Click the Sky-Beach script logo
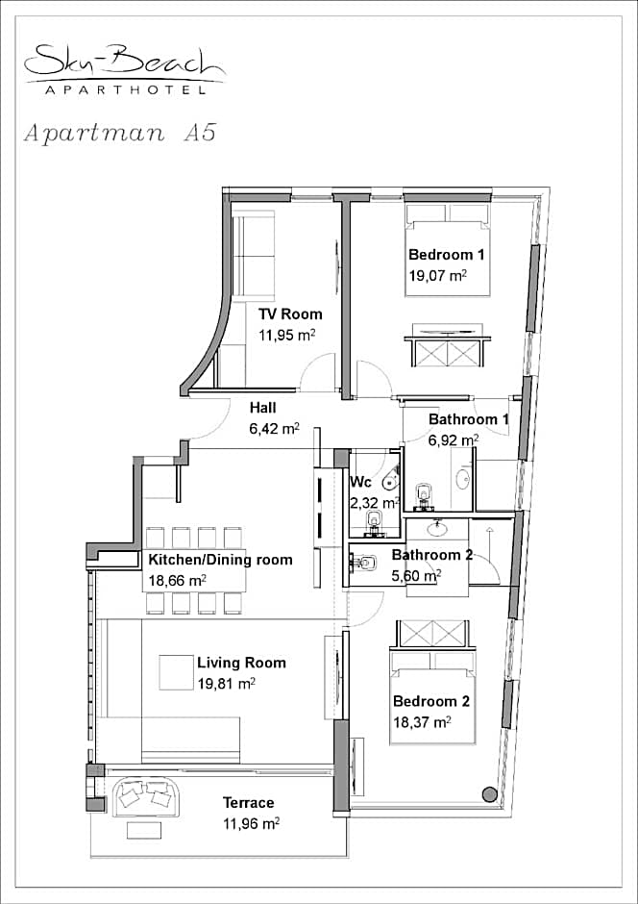(125, 62)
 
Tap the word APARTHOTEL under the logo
(125, 90)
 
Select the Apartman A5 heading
(120, 133)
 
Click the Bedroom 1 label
(446, 254)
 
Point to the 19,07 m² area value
(437, 275)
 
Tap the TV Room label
(289, 314)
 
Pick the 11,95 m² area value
(286, 335)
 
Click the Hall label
(262, 408)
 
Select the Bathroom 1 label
(469, 419)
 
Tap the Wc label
(361, 482)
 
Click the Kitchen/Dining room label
(221, 560)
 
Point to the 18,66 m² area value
(178, 581)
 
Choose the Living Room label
(241, 663)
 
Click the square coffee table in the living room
(176, 672)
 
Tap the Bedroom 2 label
(431, 701)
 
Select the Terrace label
(248, 802)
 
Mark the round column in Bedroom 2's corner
(489, 793)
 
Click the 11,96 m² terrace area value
(251, 824)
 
